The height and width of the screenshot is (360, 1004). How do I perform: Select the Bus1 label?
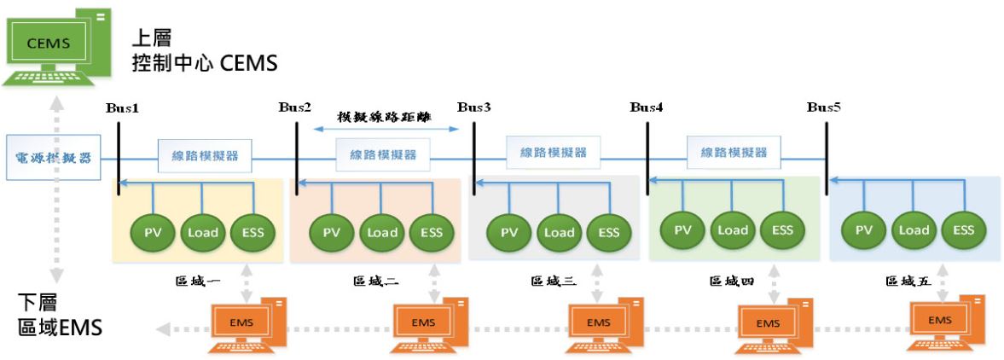click(122, 109)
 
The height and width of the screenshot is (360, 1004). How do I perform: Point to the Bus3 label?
click(474, 108)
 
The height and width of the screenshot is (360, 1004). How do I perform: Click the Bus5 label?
click(824, 108)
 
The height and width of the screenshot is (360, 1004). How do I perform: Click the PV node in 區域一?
click(154, 232)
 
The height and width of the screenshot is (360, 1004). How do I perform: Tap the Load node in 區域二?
click(382, 232)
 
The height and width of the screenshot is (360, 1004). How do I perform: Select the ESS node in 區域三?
click(609, 232)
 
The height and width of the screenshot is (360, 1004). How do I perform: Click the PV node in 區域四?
click(683, 229)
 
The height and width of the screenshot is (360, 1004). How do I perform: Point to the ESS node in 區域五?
click(964, 229)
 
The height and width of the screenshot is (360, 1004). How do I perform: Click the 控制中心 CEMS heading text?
click(205, 63)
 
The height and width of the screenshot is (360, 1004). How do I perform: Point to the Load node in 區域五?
click(914, 229)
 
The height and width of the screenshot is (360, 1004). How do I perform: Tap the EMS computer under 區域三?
click(601, 326)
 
